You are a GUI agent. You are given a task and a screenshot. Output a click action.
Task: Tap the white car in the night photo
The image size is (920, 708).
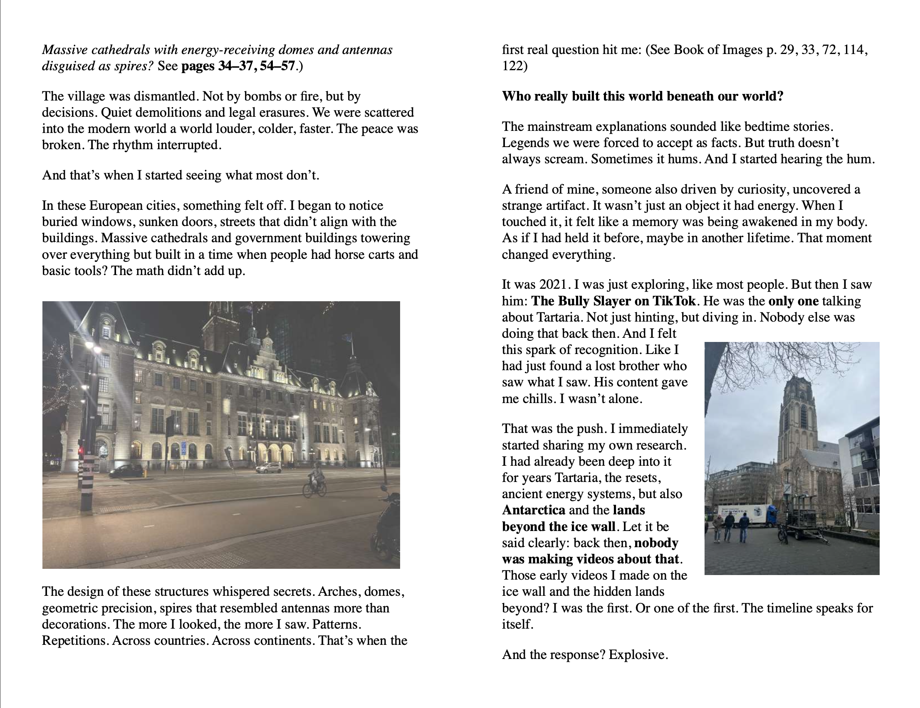click(x=269, y=468)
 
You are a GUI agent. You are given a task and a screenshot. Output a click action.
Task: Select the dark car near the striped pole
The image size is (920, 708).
click(x=126, y=471)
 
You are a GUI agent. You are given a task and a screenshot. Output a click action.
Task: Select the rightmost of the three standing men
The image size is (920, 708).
click(x=744, y=528)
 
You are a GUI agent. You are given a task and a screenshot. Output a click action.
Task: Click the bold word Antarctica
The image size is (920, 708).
click(x=533, y=510)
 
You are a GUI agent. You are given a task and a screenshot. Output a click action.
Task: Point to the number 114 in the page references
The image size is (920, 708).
click(x=855, y=50)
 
